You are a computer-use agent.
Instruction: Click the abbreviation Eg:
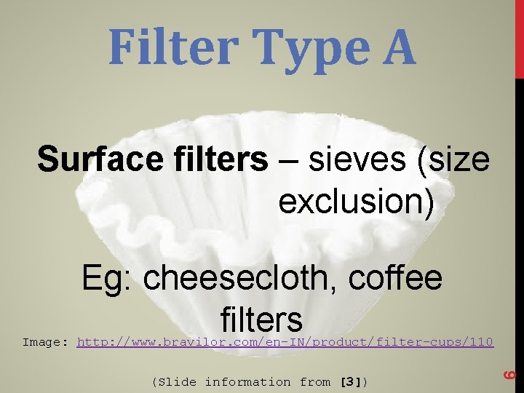click(x=108, y=278)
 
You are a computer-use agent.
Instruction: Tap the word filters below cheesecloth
click(x=261, y=319)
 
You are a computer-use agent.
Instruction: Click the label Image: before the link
click(x=45, y=342)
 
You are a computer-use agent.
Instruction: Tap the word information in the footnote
click(x=247, y=382)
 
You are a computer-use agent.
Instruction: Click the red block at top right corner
click(x=519, y=36)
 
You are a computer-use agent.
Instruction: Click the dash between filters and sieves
click(x=287, y=159)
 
